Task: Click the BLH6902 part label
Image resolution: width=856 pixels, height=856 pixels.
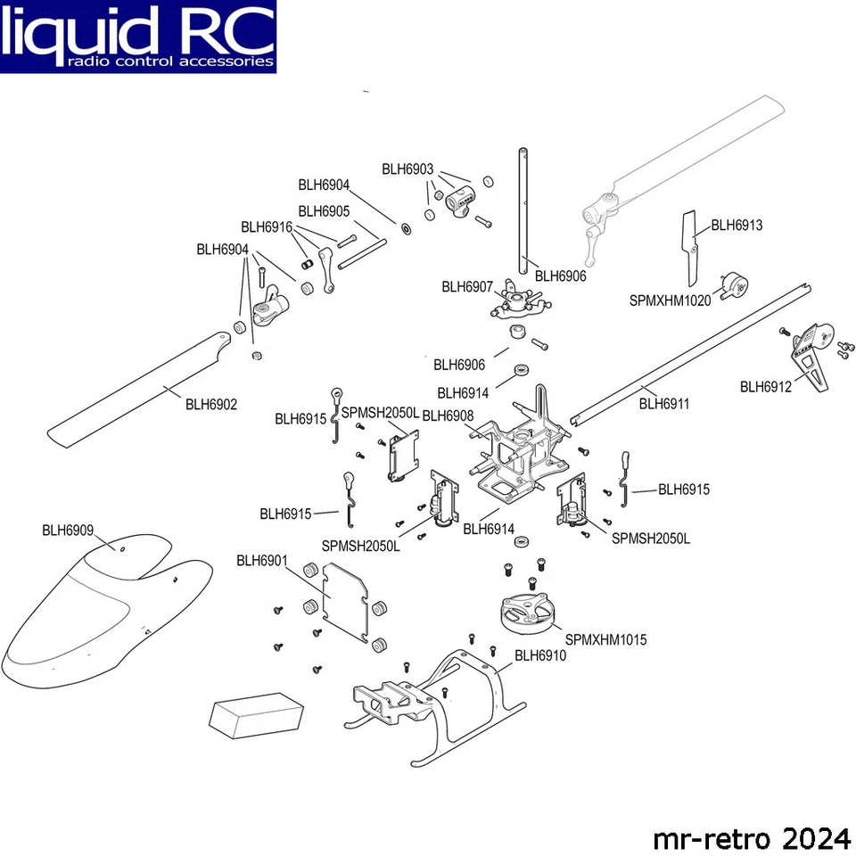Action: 211,404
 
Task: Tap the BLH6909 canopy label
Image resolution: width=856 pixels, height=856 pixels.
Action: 68,530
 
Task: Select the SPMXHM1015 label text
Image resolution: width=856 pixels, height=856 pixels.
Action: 605,640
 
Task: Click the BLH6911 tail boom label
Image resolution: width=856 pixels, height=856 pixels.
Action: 664,404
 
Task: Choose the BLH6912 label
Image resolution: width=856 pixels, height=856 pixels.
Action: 766,386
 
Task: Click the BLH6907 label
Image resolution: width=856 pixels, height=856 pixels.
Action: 467,286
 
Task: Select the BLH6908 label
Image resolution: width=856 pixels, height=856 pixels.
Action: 448,416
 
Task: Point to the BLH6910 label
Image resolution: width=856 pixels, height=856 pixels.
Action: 540,655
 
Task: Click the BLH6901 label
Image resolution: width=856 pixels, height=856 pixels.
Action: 262,560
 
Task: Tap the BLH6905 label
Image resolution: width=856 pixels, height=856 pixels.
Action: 324,211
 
